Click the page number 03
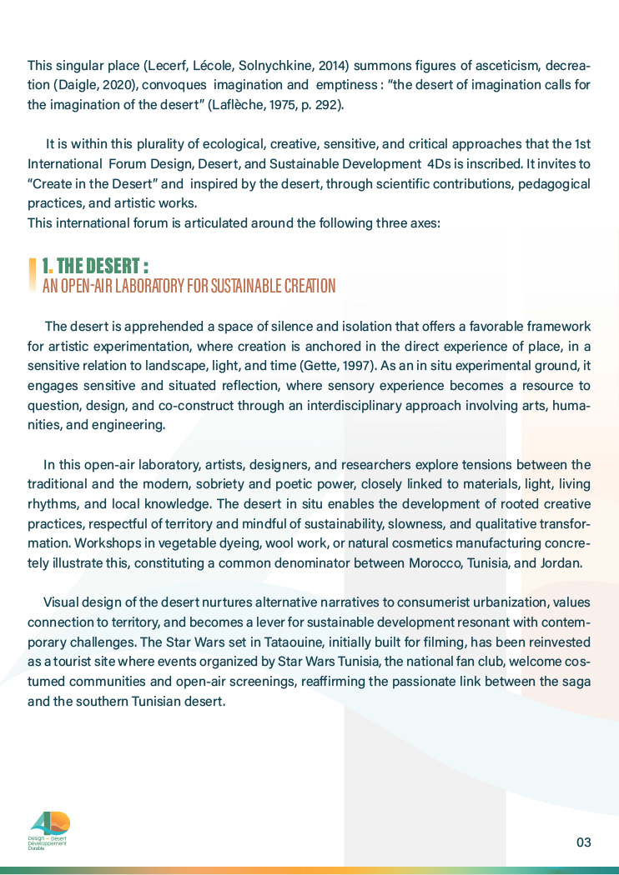(583, 842)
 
